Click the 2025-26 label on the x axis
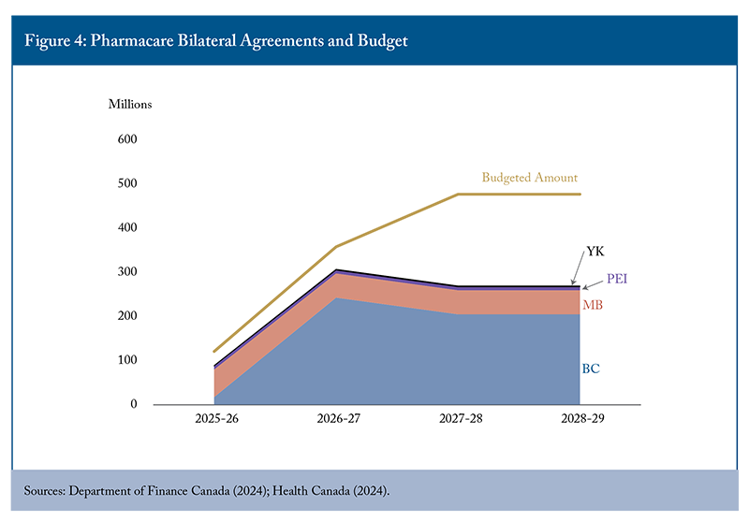click(x=215, y=420)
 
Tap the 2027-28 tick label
click(x=459, y=420)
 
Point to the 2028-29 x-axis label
click(x=580, y=420)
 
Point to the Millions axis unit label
click(x=130, y=104)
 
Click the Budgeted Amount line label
click(x=530, y=177)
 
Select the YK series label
click(x=595, y=252)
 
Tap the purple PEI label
click(x=617, y=279)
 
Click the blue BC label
click(x=591, y=369)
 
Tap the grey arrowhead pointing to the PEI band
click(x=586, y=287)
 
